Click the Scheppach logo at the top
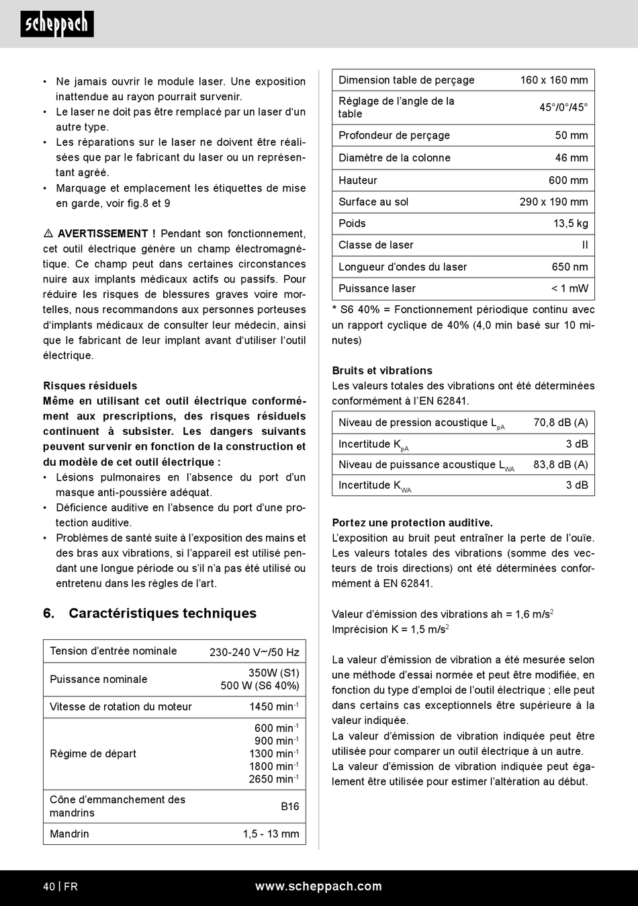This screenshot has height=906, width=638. tap(57, 24)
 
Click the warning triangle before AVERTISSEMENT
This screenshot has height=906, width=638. tap(48, 234)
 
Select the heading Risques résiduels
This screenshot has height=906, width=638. tap(90, 386)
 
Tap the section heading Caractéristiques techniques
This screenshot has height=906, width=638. tap(163, 613)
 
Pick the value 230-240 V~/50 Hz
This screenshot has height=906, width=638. tap(254, 652)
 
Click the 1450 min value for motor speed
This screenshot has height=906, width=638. tap(273, 706)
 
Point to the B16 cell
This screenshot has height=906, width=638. tap(289, 806)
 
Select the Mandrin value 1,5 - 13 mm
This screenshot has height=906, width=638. tap(271, 834)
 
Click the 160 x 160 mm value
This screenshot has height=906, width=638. tap(553, 80)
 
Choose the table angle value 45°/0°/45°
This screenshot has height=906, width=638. tap(563, 108)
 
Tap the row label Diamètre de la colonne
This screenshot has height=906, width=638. tap(394, 158)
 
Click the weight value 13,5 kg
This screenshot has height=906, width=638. tap(570, 223)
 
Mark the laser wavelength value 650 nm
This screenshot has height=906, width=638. tap(569, 267)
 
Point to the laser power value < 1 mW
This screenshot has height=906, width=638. tap(569, 288)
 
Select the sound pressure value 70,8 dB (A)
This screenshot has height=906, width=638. tap(560, 423)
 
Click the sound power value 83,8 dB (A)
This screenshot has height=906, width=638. tap(560, 464)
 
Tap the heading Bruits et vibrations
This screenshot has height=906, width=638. tap(382, 370)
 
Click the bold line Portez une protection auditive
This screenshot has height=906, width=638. tap(412, 523)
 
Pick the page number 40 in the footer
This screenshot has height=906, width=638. tap(49, 887)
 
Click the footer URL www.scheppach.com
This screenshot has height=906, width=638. tap(318, 887)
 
